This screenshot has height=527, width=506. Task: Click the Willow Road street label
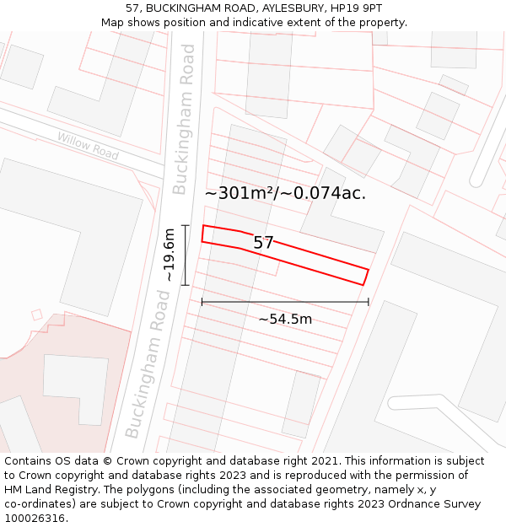tap(89, 147)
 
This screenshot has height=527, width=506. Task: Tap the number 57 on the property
tap(264, 243)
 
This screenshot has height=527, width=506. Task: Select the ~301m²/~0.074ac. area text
tap(285, 193)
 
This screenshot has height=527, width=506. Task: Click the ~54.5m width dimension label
tap(285, 319)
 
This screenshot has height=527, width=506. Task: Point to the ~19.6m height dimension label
tap(169, 255)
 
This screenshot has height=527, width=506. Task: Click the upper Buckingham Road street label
tap(184, 119)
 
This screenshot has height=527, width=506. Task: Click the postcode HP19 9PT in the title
tap(356, 8)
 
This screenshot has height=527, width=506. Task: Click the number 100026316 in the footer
tap(35, 519)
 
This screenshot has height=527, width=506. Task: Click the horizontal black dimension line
tap(285, 302)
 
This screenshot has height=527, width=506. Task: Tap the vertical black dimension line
tap(186, 255)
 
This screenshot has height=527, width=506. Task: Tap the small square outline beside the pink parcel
tap(36, 315)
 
